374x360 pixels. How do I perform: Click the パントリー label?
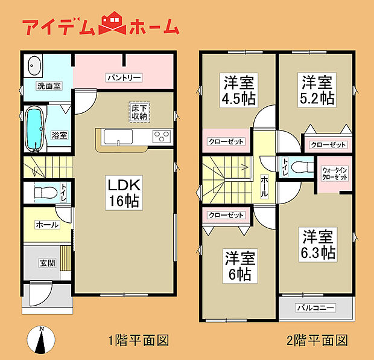tap(124, 77)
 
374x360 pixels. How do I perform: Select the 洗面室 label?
tap(48, 86)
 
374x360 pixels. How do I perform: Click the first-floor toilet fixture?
tap(44, 193)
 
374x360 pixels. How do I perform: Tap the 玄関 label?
tap(48, 263)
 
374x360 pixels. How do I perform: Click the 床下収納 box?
tap(139, 112)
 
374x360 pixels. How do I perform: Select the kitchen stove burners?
tap(161, 136)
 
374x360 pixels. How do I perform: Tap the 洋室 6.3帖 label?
tap(318, 243)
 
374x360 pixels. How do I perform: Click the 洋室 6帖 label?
tap(241, 266)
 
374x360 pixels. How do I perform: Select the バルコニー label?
tap(315, 307)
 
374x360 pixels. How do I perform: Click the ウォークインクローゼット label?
tap(334, 174)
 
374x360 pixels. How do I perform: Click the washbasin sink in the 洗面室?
tap(34, 65)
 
